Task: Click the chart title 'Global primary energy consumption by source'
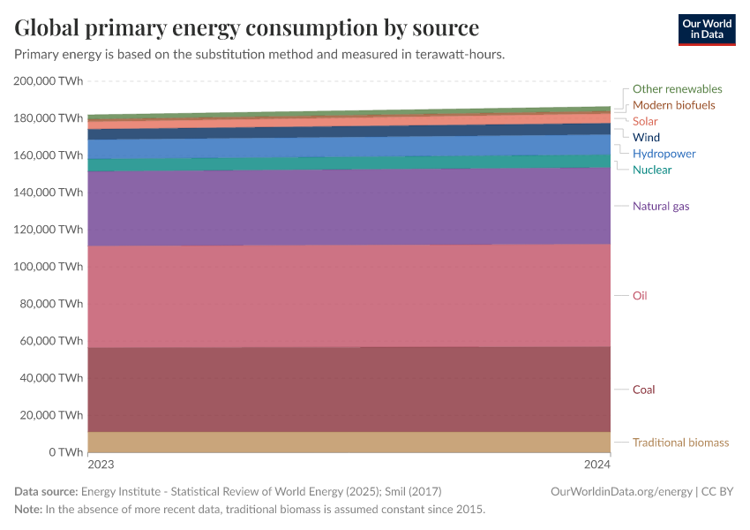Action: [x=247, y=27]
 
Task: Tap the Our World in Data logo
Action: [x=706, y=29]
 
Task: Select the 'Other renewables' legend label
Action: [x=677, y=89]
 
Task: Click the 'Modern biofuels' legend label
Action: [x=673, y=105]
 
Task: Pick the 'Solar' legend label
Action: [x=645, y=121]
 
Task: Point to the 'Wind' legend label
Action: [x=646, y=138]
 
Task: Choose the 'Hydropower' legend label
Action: [x=664, y=154]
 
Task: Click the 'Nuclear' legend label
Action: [x=651, y=170]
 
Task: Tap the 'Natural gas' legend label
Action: [x=661, y=206]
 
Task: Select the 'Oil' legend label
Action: [x=640, y=295]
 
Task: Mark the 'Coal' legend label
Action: [x=643, y=390]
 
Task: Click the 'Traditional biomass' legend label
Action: [x=680, y=443]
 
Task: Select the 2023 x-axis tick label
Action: [x=101, y=464]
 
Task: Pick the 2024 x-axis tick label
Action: [x=597, y=464]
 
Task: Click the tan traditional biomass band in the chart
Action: [x=349, y=442]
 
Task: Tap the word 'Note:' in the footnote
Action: [x=28, y=510]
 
